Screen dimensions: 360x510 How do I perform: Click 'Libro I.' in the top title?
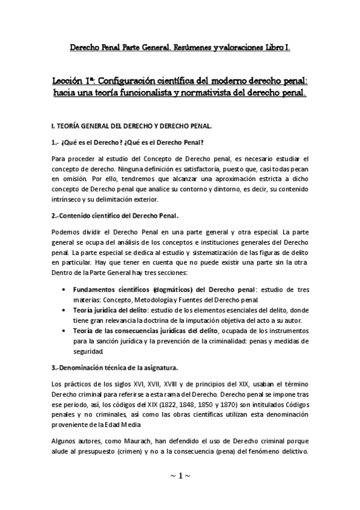[x=276, y=46]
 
